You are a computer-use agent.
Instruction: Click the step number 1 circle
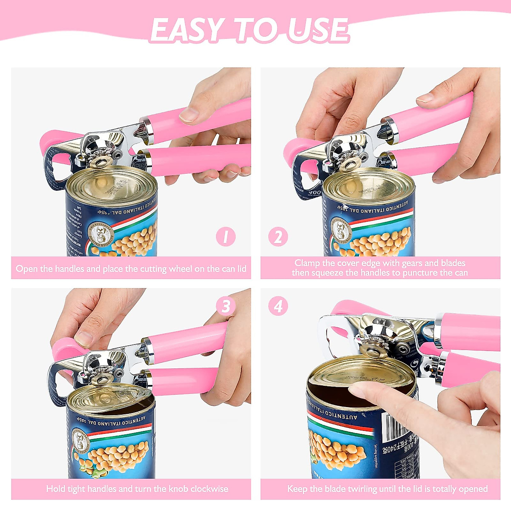226,237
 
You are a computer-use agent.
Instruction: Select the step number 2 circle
278,237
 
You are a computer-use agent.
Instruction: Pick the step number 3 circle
226,306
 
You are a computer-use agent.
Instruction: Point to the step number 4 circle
278,306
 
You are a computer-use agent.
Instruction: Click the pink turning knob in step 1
55,141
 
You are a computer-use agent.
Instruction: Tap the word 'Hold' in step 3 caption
56,489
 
